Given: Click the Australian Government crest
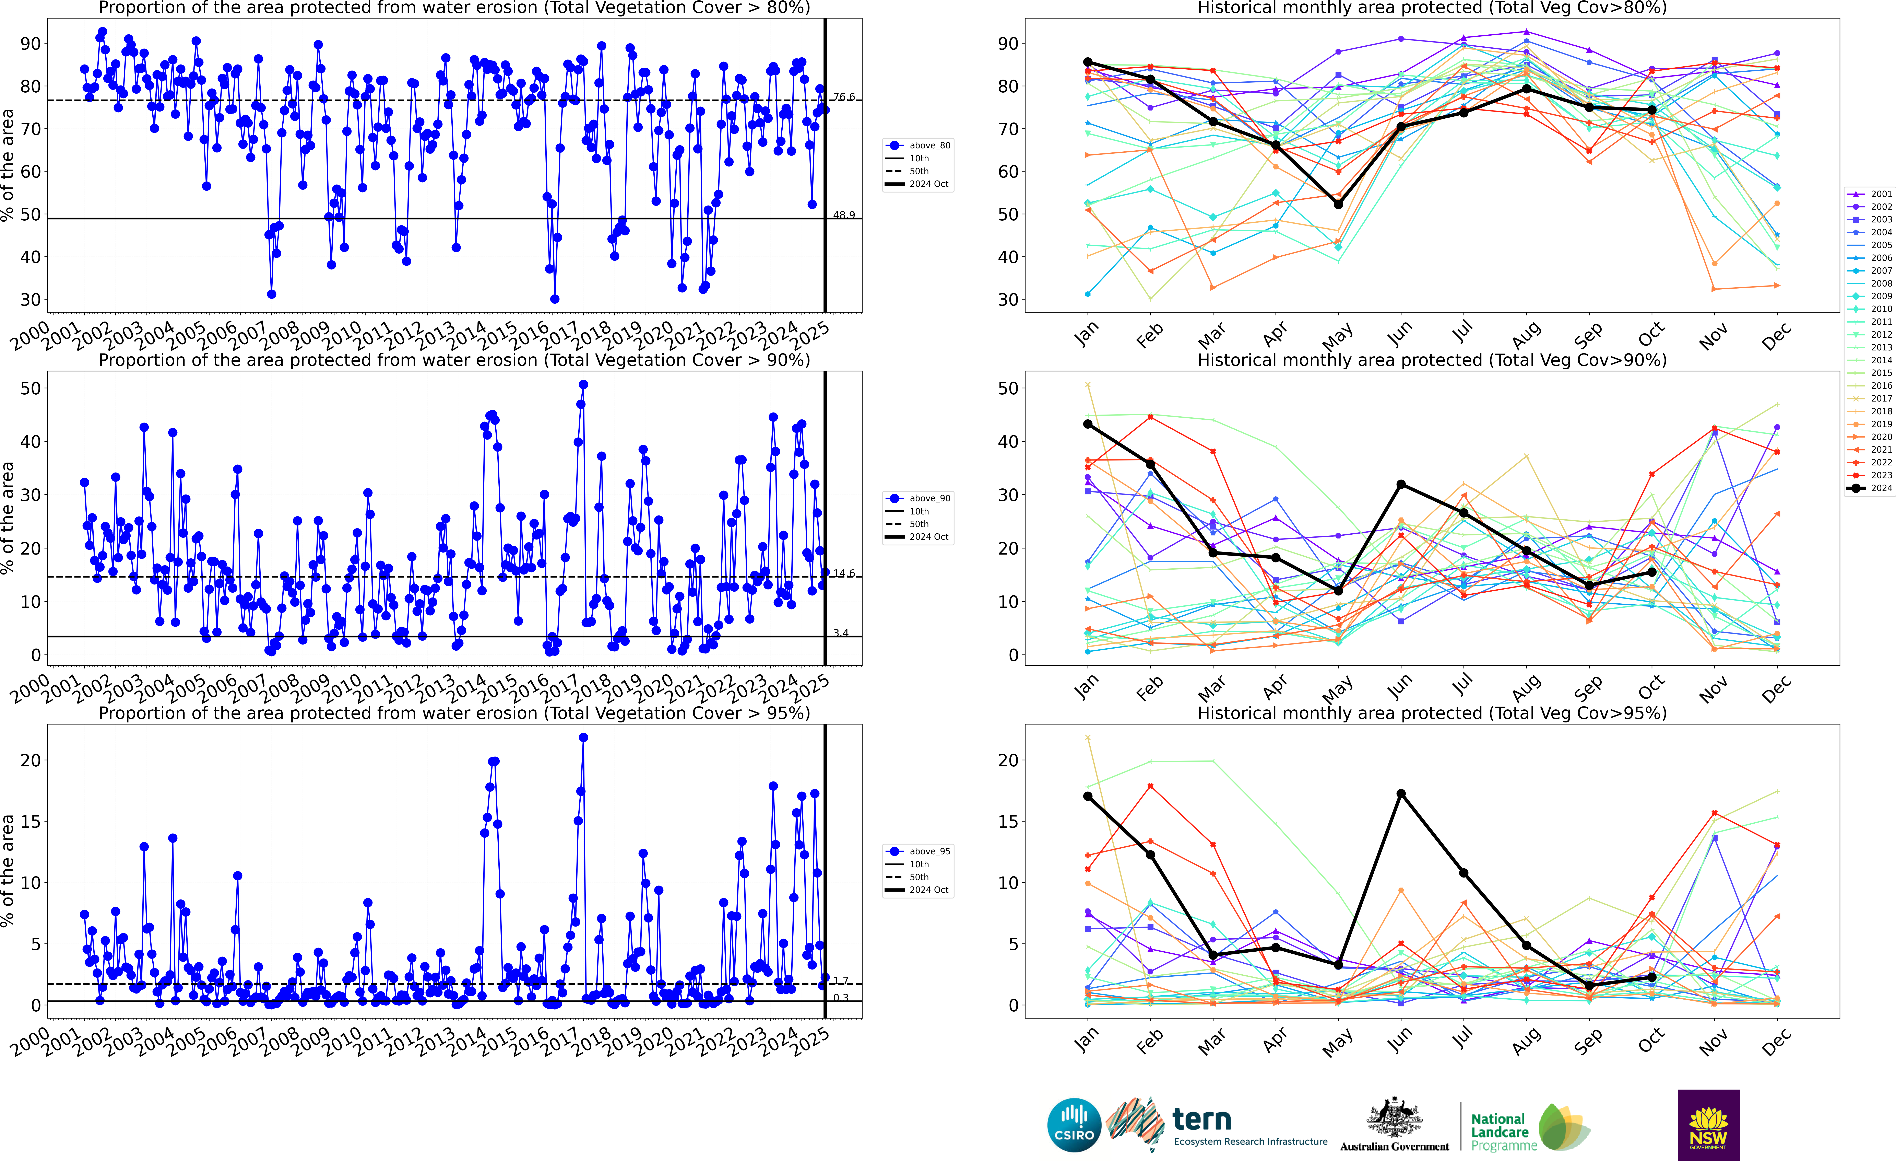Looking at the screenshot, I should tap(1394, 1118).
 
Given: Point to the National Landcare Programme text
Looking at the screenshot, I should tap(1498, 1132).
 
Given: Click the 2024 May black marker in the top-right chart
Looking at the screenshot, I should tap(1338, 204).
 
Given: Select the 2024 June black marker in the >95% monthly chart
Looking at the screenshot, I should tap(1401, 794).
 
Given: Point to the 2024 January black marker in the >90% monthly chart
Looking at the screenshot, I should tap(1087, 424).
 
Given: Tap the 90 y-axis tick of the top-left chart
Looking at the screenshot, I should tap(31, 44).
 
